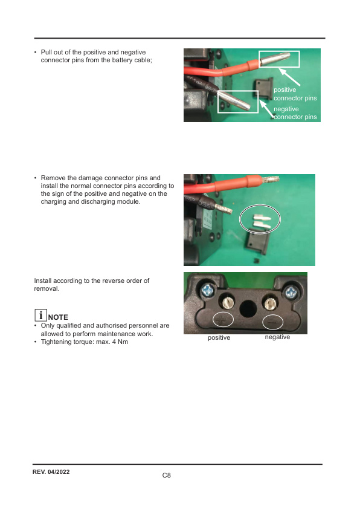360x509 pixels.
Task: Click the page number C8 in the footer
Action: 167,476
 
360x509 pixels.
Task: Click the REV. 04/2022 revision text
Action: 51,471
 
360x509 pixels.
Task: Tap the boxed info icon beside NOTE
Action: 40,316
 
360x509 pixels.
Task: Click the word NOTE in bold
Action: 58,317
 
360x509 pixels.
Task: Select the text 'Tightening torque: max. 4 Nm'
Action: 84,342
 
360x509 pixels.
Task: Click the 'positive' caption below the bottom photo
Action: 219,338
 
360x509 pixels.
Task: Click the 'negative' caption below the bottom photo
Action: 277,337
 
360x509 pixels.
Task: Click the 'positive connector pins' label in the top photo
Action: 295,94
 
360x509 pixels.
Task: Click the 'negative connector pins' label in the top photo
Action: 295,112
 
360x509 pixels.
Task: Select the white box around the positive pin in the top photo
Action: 279,59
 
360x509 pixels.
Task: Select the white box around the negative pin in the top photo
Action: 237,101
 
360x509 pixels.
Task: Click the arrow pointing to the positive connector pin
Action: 291,76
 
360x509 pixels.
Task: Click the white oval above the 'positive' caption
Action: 223,320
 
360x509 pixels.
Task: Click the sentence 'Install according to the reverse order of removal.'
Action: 91,285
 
